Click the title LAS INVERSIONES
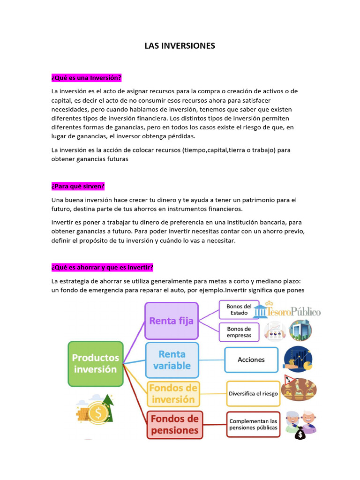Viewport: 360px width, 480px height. [180, 45]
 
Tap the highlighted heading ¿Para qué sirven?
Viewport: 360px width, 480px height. [78, 186]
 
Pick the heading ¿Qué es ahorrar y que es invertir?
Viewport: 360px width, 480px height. [102, 267]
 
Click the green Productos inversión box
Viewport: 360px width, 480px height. [95, 363]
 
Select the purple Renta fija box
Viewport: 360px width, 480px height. [172, 321]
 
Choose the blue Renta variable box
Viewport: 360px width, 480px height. [172, 360]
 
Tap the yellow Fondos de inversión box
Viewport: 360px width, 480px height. [173, 394]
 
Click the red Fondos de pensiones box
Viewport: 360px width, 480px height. [175, 424]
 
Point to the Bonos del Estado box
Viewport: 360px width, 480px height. [239, 310]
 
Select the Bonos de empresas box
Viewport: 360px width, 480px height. [239, 332]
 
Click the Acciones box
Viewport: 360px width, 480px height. [251, 360]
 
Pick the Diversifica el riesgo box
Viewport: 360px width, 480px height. [253, 394]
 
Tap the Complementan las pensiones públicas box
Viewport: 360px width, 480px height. [253, 424]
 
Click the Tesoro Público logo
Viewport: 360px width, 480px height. [287, 311]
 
